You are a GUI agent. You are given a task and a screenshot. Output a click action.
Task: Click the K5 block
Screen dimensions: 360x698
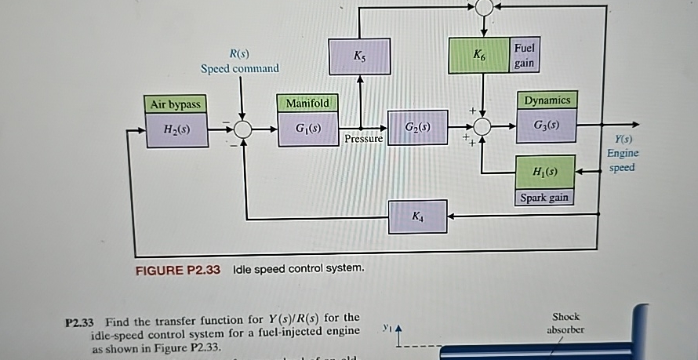tap(359, 56)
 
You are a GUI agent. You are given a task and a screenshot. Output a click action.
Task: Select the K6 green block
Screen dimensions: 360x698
tap(478, 55)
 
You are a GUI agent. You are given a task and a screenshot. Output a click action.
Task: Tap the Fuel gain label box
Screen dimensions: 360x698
tap(524, 55)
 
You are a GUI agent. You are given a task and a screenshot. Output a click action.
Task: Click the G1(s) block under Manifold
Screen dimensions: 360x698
tap(307, 127)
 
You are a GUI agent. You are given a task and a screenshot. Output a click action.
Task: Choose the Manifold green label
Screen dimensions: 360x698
tap(307, 103)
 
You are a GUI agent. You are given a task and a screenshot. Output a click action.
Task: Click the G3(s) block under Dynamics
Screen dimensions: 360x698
tap(547, 126)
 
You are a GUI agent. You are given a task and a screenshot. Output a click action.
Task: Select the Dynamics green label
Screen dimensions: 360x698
tap(547, 100)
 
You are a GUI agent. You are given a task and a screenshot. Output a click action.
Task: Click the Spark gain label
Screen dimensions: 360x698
tap(544, 198)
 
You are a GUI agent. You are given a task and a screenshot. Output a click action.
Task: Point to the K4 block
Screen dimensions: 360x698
tap(418, 216)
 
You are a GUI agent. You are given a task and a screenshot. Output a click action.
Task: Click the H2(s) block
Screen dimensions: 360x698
tap(175, 129)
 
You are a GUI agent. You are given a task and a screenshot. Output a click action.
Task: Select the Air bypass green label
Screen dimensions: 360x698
tap(175, 104)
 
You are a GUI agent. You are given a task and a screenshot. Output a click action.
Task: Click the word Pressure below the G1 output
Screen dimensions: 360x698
tap(363, 139)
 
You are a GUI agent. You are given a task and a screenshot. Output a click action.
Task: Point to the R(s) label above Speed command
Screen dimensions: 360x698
tap(239, 53)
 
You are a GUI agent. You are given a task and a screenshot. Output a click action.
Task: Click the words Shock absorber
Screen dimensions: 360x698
tap(565, 323)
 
